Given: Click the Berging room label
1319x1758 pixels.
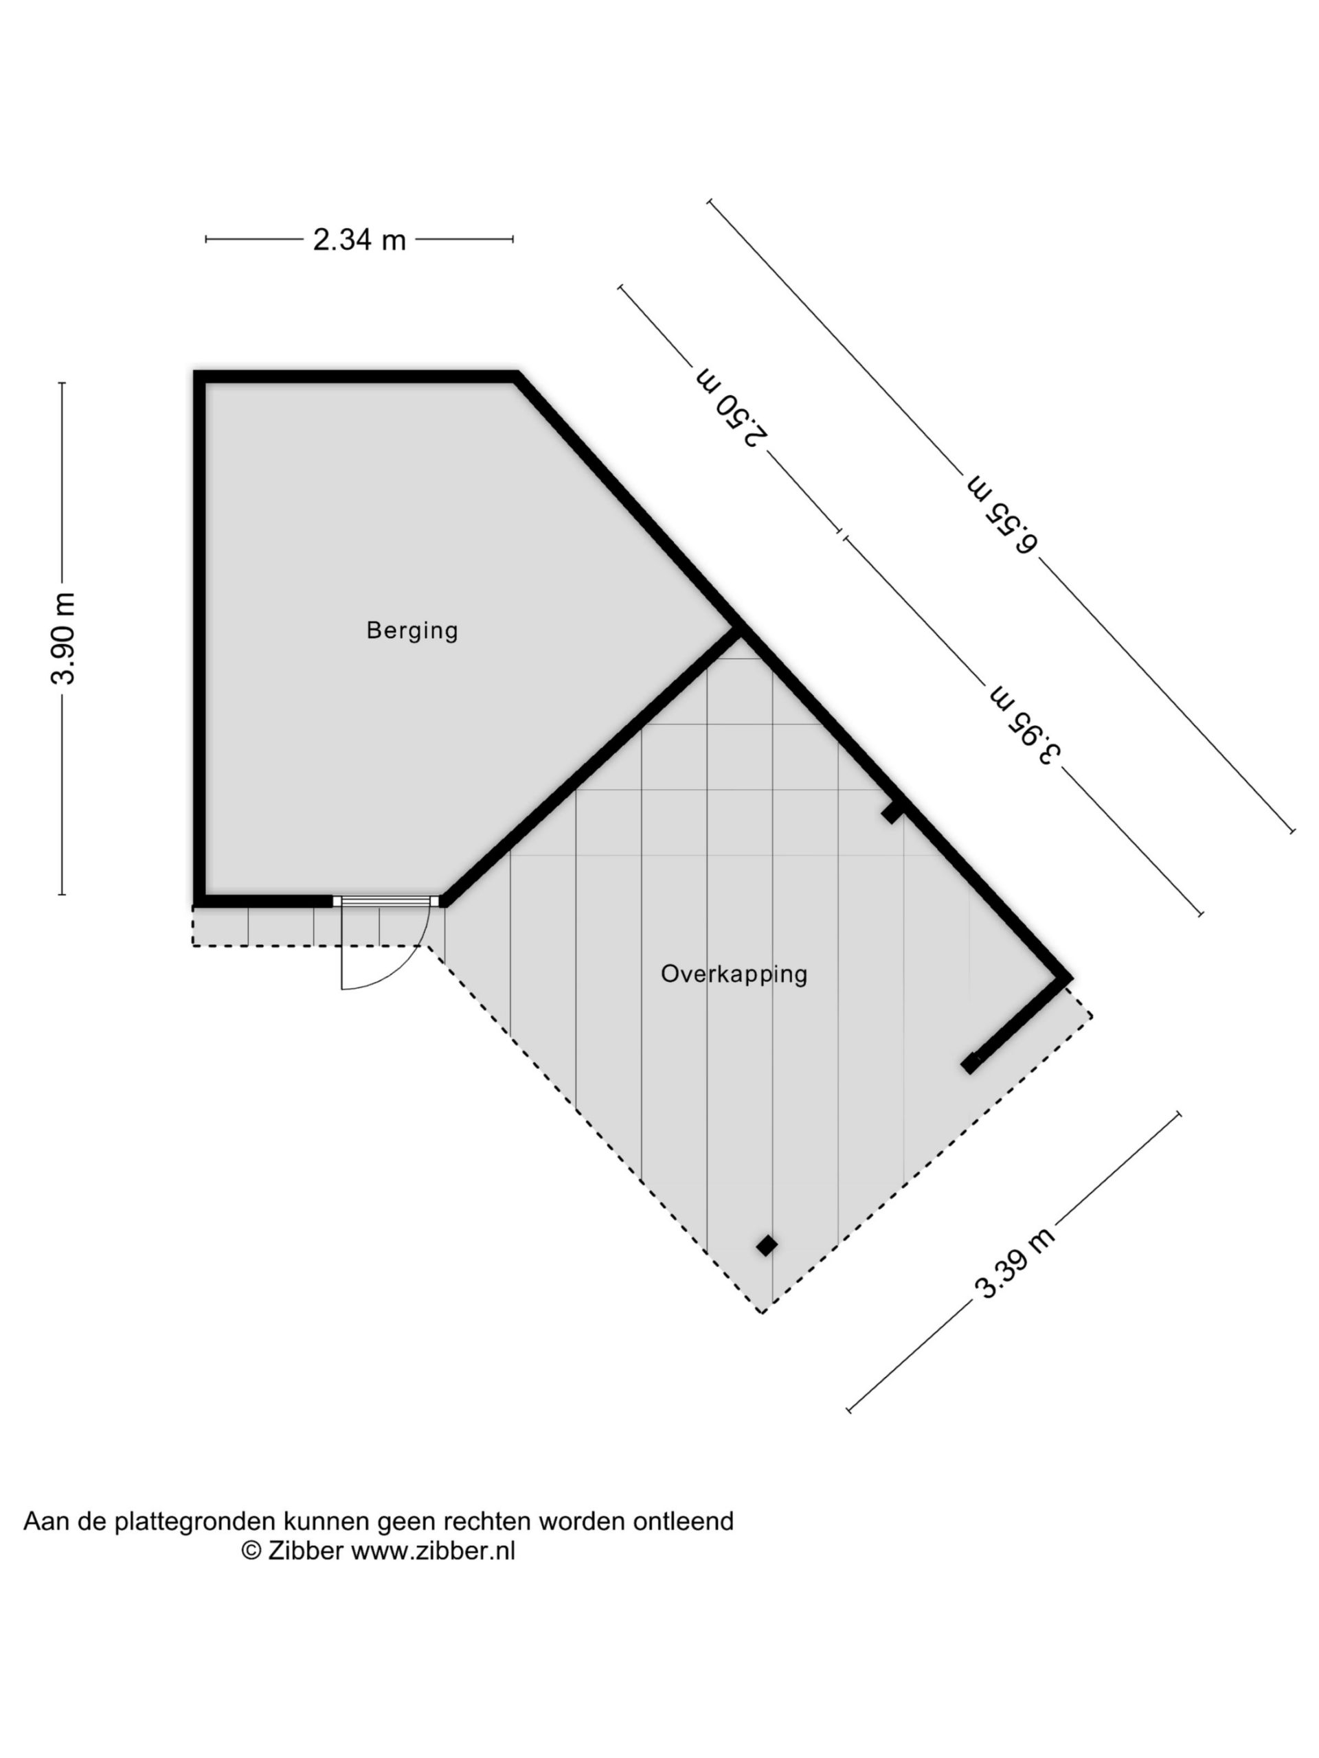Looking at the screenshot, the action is (412, 631).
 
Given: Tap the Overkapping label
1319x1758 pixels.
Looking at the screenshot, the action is (734, 974).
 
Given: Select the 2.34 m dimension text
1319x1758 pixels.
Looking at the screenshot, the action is (359, 239).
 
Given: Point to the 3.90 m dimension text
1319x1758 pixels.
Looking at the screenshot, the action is (64, 638).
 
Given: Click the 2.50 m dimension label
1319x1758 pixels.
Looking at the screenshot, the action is (732, 407).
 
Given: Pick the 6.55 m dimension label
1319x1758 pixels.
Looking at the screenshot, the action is (1002, 514).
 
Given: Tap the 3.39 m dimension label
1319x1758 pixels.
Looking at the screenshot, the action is (1015, 1263).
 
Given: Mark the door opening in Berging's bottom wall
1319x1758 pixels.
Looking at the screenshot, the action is (385, 901).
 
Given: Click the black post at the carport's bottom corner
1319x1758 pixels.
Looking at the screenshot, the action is (767, 1246).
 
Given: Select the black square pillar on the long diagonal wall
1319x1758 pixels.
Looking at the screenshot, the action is (892, 812).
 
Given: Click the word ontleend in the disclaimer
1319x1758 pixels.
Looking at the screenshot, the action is (683, 1521).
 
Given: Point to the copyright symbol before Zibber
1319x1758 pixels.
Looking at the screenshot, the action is (251, 1551).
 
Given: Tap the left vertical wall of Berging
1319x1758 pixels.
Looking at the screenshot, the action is (199, 639).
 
